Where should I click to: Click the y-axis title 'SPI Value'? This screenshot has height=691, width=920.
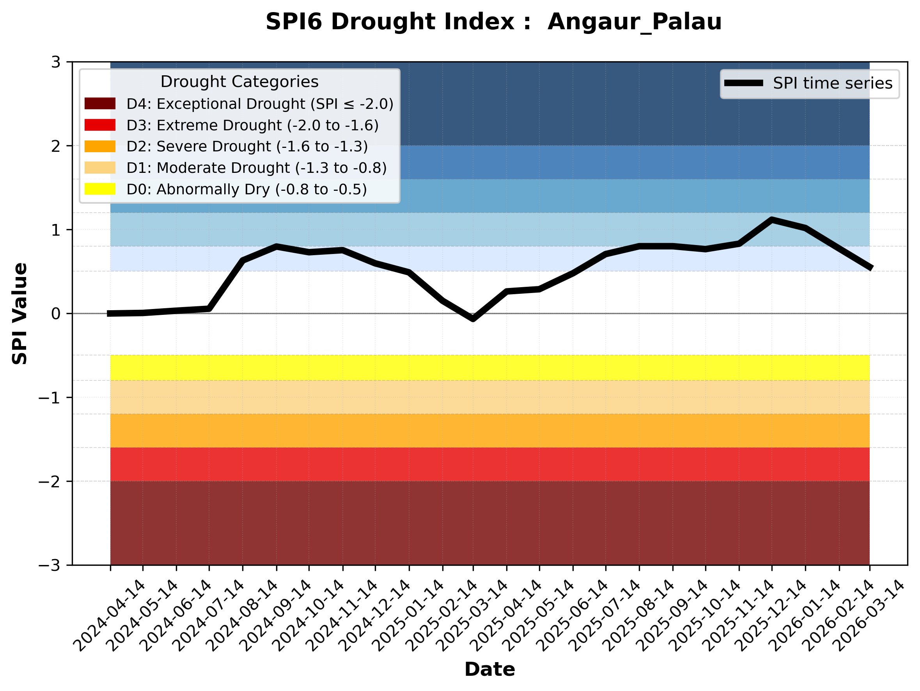pyautogui.click(x=19, y=314)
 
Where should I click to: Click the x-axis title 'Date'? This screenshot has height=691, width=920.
pyautogui.click(x=489, y=670)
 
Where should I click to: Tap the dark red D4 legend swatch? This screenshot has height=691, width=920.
pyautogui.click(x=100, y=103)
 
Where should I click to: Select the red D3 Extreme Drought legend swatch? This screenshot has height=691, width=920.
pyautogui.click(x=100, y=125)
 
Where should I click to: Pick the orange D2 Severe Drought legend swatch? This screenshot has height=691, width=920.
pyautogui.click(x=100, y=146)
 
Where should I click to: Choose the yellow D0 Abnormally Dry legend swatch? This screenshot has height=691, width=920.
pyautogui.click(x=100, y=189)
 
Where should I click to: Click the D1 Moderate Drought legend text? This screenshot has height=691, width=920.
pyautogui.click(x=257, y=168)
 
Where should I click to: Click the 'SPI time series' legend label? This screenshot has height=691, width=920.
pyautogui.click(x=833, y=83)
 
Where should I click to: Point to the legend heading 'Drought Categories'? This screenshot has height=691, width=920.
pyautogui.click(x=239, y=82)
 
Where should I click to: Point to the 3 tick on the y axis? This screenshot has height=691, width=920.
pyautogui.click(x=56, y=62)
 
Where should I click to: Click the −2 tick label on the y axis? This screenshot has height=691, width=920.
pyautogui.click(x=50, y=481)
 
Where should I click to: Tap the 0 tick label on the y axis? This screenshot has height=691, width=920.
pyautogui.click(x=56, y=314)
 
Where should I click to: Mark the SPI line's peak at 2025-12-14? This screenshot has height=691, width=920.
pyautogui.click(x=772, y=220)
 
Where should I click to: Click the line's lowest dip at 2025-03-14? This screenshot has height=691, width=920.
pyautogui.click(x=473, y=319)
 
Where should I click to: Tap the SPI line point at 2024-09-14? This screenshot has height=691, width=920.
pyautogui.click(x=277, y=246)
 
